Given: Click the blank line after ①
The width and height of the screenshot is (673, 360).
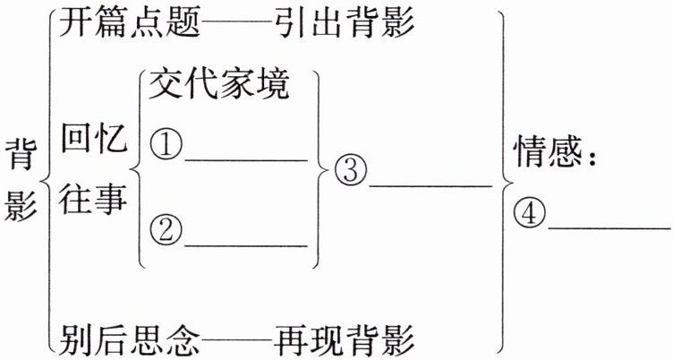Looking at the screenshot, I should click(x=245, y=159).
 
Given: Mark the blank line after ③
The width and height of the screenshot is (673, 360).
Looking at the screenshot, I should click(x=430, y=185).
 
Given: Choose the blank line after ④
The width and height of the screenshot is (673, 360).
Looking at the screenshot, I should click(x=609, y=228).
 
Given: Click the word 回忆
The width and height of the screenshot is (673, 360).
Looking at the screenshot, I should click(x=94, y=139).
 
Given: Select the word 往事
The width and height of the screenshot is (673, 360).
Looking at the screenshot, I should click(x=94, y=201).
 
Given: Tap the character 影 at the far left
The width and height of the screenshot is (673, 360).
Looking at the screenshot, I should click(x=20, y=208).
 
